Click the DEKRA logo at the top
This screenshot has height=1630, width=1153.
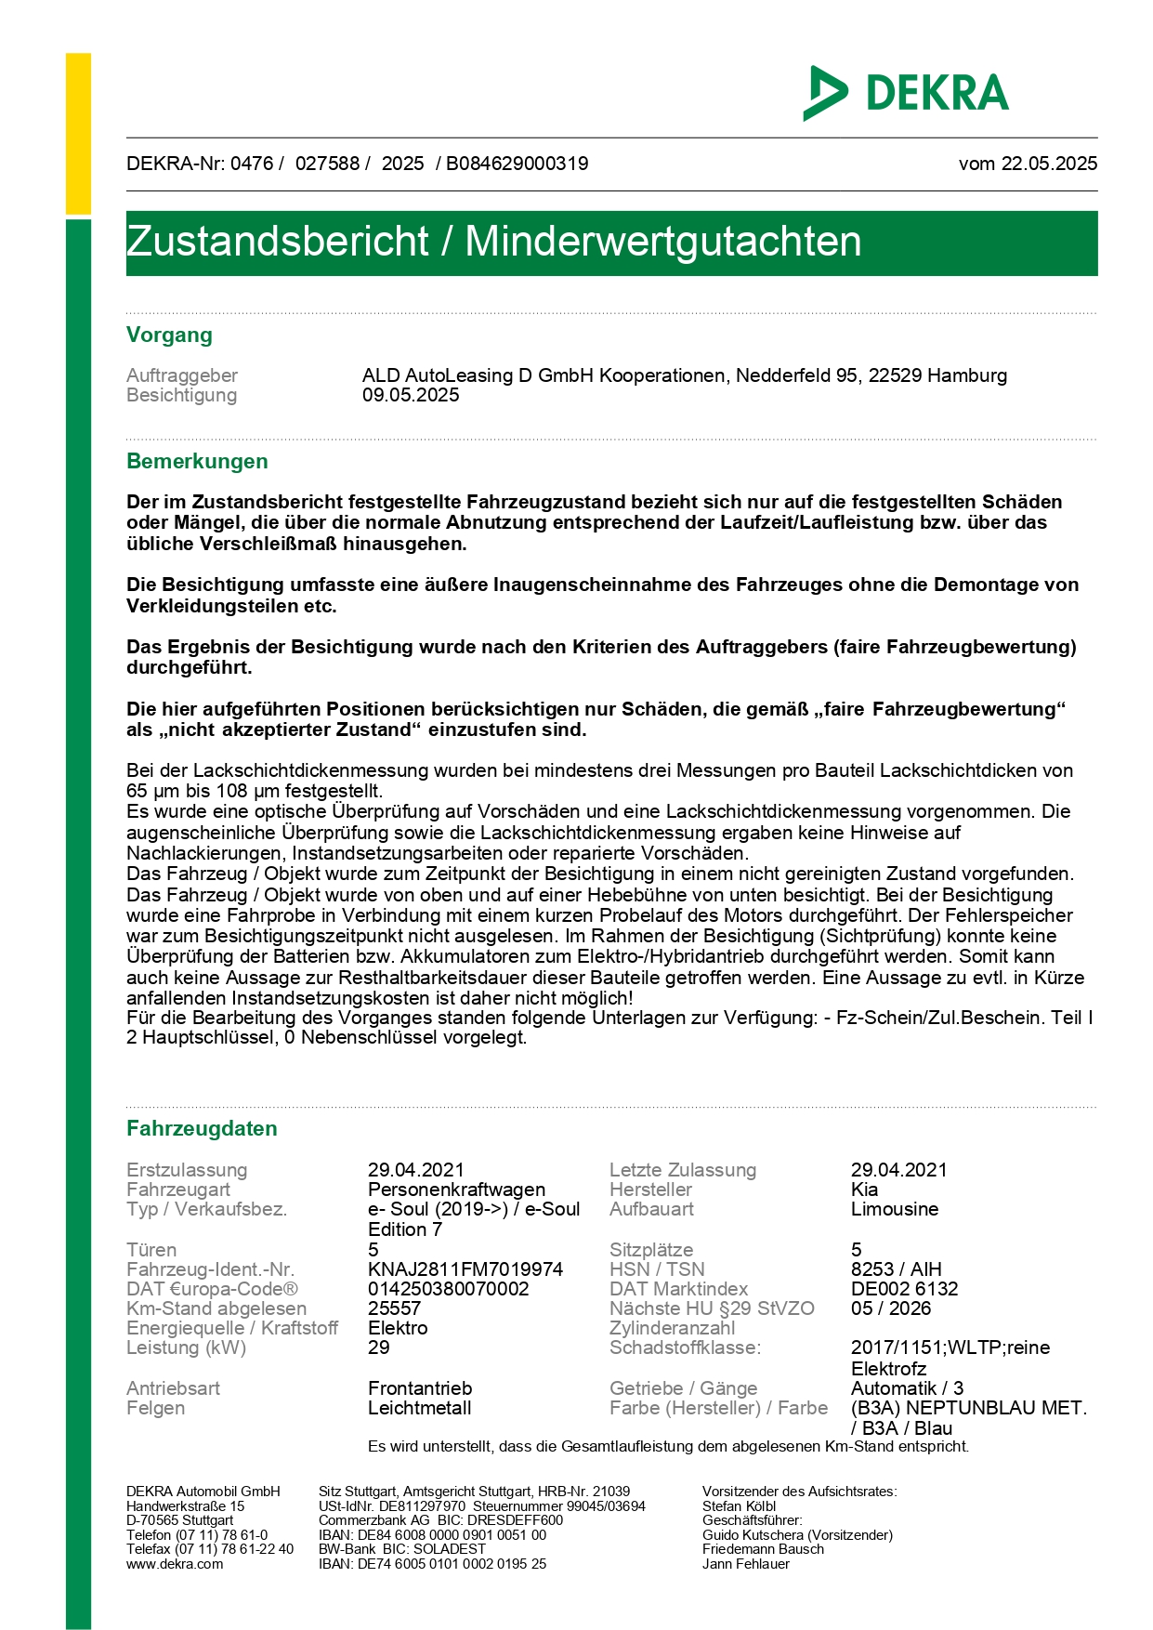(x=906, y=93)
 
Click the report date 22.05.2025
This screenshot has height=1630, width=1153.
(x=1048, y=164)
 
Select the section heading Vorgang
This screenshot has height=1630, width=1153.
(x=169, y=335)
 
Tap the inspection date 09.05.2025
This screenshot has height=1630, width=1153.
(x=411, y=395)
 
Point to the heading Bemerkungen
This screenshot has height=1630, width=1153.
(x=197, y=461)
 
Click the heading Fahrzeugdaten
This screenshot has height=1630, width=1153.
(x=202, y=1128)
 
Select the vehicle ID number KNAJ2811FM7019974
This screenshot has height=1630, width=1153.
(x=465, y=1269)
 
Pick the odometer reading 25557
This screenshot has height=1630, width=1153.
(x=395, y=1308)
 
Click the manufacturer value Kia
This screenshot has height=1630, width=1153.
(x=864, y=1190)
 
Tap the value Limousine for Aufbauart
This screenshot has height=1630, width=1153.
(x=895, y=1209)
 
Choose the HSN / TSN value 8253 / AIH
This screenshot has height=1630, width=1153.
(x=896, y=1269)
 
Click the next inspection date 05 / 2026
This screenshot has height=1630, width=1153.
(x=890, y=1308)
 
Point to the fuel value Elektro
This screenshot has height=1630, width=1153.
(x=398, y=1328)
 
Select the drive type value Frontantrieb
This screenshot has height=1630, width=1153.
(x=420, y=1388)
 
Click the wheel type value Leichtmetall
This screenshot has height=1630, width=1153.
(x=419, y=1408)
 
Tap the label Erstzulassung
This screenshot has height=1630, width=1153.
(x=187, y=1170)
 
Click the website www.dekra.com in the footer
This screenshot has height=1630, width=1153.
(x=175, y=1564)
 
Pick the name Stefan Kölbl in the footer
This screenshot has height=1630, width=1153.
(x=739, y=1506)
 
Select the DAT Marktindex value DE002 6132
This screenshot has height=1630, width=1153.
(x=904, y=1289)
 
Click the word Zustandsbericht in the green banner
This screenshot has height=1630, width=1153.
(x=277, y=242)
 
